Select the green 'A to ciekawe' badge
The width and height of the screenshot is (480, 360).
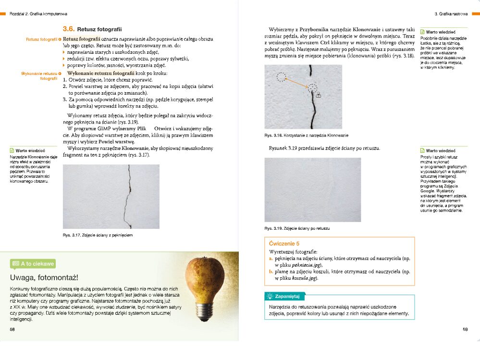pyautogui.click(x=33, y=263)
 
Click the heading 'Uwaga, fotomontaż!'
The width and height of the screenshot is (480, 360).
pyautogui.click(x=44, y=278)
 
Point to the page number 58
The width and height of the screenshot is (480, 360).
pyautogui.click(x=12, y=329)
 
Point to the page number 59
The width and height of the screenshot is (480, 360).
pyautogui.click(x=465, y=329)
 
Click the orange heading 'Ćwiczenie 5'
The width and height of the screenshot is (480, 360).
pyautogui.click(x=284, y=244)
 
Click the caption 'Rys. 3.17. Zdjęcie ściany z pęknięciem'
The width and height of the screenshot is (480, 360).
pyautogui.click(x=98, y=235)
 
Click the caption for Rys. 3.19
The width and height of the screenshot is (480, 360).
pyautogui.click(x=297, y=228)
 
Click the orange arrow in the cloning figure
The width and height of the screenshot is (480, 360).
pyautogui.click(x=298, y=82)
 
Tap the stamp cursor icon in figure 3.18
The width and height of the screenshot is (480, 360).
pyautogui.click(x=319, y=95)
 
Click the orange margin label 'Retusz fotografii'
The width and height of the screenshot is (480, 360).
pyautogui.click(x=42, y=39)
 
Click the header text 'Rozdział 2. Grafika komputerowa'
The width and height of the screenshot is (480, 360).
pyautogui.click(x=38, y=14)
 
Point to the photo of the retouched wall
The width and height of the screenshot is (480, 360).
pyautogui.click(x=303, y=190)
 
